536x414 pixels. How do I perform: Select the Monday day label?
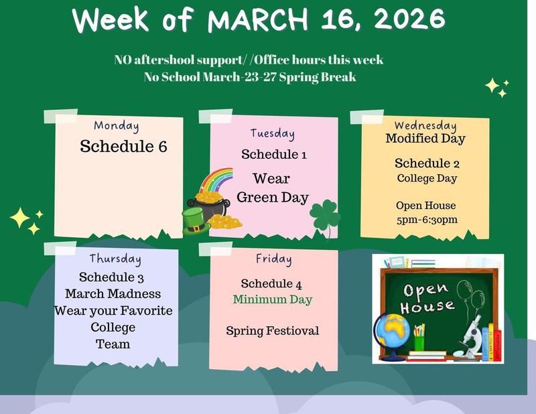click(117, 125)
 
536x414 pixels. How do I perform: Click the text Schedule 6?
click(123, 146)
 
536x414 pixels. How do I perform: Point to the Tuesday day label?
click(272, 133)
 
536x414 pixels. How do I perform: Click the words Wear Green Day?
click(273, 188)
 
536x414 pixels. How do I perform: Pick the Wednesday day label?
click(425, 125)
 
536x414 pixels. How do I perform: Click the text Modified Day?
click(425, 139)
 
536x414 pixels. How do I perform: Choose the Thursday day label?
click(115, 259)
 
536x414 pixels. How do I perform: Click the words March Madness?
click(113, 293)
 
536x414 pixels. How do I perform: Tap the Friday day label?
click(273, 259)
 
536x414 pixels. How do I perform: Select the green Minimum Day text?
click(273, 299)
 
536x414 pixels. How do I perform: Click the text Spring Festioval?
click(273, 330)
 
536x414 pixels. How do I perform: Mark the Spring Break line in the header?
click(249, 76)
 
